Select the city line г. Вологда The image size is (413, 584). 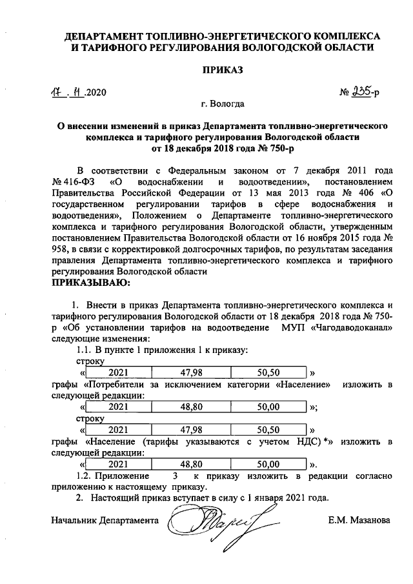[222, 104]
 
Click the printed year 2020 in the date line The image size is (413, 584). [93, 92]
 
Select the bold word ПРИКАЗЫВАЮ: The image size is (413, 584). [90, 282]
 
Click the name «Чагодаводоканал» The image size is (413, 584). [351, 328]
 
